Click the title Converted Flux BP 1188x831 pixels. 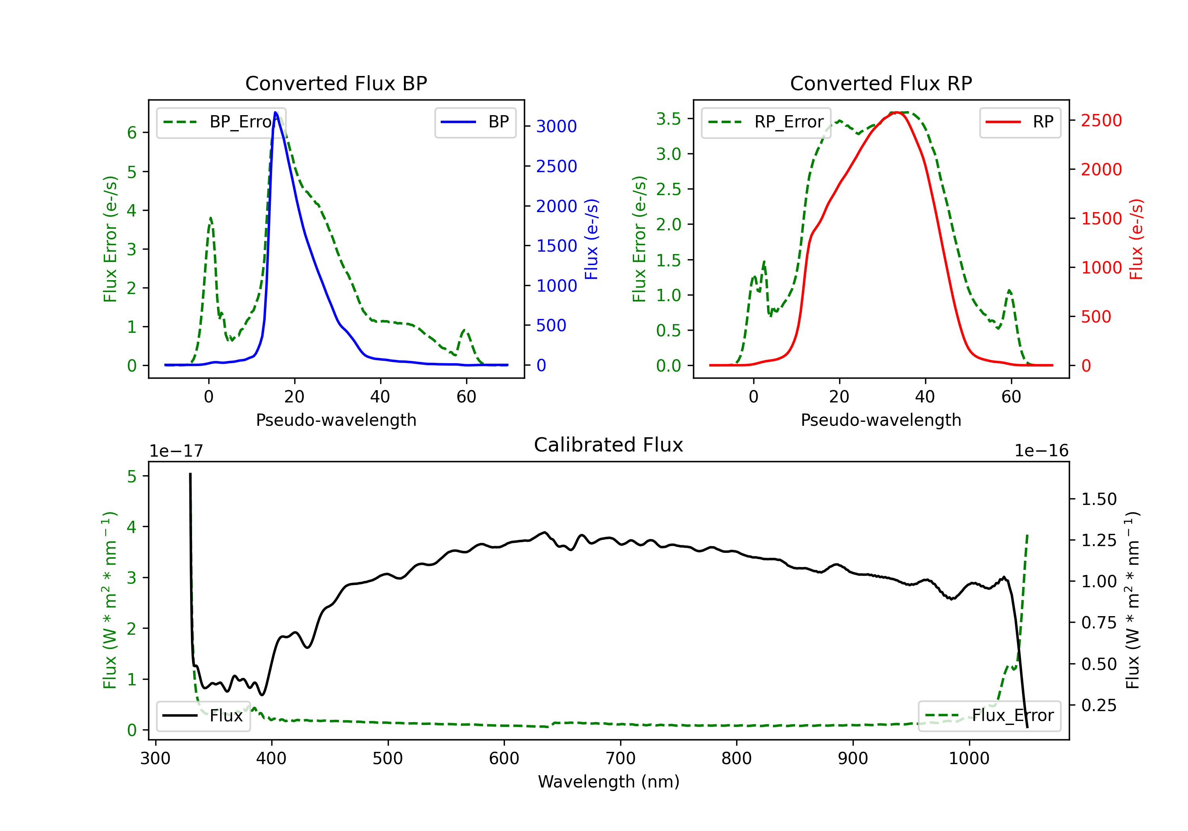pyautogui.click(x=336, y=83)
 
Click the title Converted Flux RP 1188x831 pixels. pyautogui.click(x=881, y=83)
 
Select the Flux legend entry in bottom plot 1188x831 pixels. pyautogui.click(x=203, y=716)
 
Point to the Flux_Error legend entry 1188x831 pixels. pyautogui.click(x=989, y=716)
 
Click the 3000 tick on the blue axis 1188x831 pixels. pyautogui.click(x=556, y=126)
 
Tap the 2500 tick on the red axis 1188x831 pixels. pyautogui.click(x=1101, y=120)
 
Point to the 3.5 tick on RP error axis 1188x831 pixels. pyautogui.click(x=668, y=119)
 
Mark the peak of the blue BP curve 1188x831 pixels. pyautogui.click(x=275, y=112)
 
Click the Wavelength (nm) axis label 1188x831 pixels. pyautogui.click(x=609, y=782)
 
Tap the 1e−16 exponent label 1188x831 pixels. pyautogui.click(x=1041, y=451)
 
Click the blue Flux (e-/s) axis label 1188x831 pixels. pyautogui.click(x=591, y=239)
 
